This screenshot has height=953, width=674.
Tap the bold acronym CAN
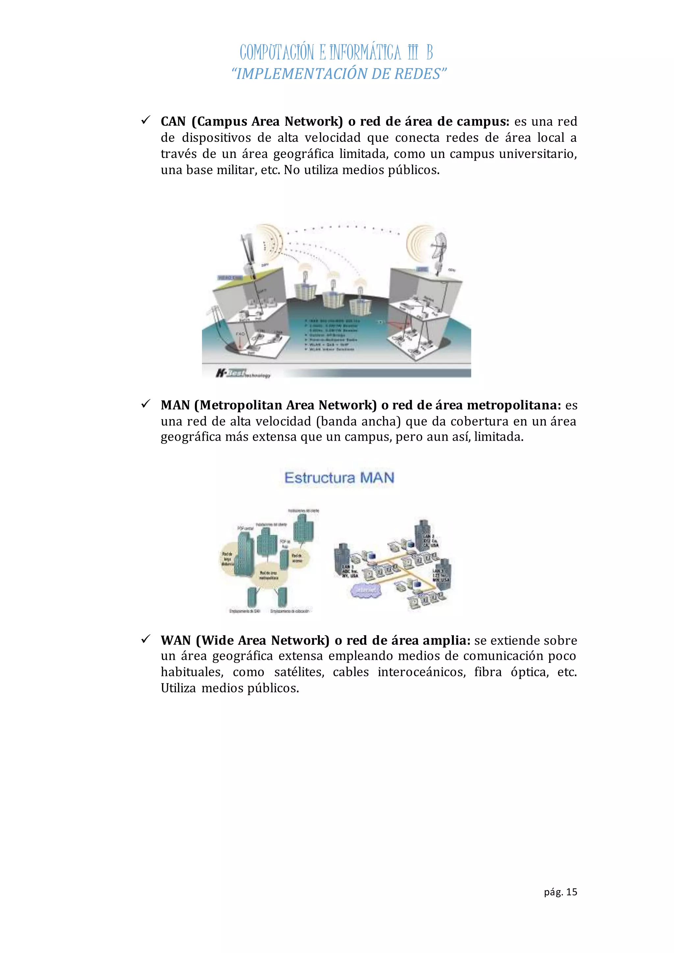tap(173, 122)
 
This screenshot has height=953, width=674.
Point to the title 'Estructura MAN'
tap(339, 478)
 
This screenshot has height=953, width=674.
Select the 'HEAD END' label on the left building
tap(230, 277)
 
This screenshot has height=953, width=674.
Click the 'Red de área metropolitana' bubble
tap(269, 575)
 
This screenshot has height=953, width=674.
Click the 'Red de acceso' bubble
tap(297, 558)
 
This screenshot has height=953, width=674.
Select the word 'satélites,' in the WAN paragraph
tap(299, 672)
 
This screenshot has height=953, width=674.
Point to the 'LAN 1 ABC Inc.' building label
tap(349, 571)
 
